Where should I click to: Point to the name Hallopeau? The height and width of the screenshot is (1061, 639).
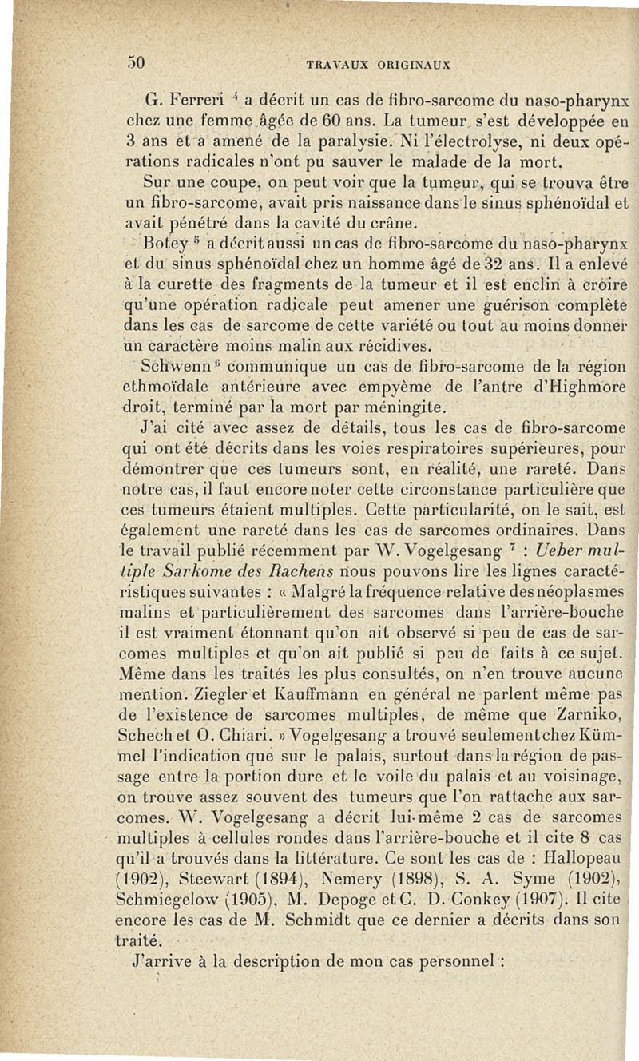point(581,871)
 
